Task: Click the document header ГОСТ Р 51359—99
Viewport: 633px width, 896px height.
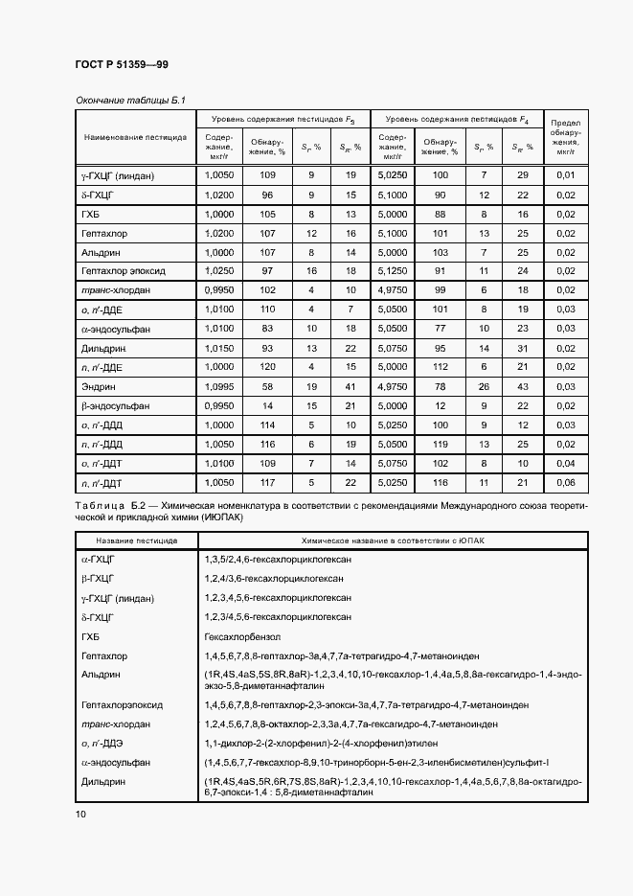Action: point(122,64)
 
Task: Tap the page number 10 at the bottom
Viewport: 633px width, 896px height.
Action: point(80,814)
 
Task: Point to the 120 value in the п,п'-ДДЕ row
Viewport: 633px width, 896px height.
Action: point(267,367)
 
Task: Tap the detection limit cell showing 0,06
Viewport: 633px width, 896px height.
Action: point(566,482)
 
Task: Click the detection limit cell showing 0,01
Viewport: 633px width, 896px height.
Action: point(566,175)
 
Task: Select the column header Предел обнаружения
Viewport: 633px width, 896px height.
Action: point(566,136)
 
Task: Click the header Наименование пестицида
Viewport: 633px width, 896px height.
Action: point(135,137)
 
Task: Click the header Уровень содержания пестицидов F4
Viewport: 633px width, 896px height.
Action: point(456,119)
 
